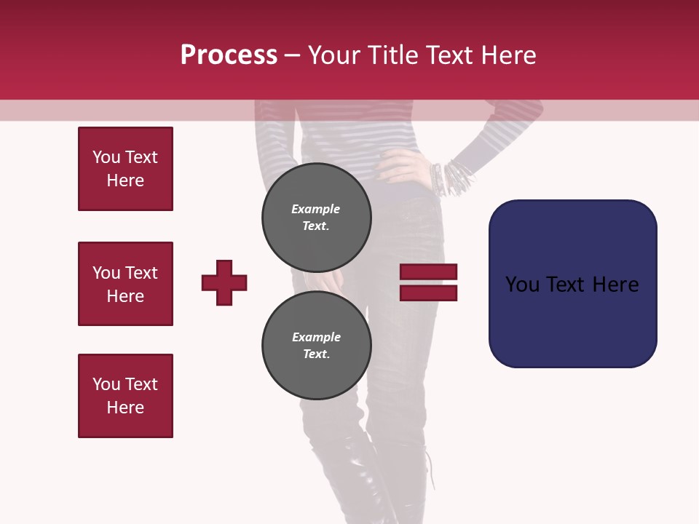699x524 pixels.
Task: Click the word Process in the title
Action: tap(229, 55)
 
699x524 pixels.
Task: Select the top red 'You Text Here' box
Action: tap(125, 169)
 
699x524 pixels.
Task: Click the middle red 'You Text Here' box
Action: tap(125, 284)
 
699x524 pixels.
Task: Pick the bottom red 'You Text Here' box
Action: tap(125, 396)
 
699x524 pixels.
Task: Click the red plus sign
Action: tap(224, 282)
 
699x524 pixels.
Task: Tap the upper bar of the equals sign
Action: tap(428, 271)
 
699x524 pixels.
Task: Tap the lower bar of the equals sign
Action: tap(428, 293)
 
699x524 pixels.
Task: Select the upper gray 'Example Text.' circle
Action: tap(316, 217)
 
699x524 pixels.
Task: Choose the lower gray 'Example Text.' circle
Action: tap(316, 345)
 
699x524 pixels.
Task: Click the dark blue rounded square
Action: tap(572, 284)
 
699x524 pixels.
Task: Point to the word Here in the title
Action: tap(508, 55)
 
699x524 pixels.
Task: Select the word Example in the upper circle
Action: tap(316, 209)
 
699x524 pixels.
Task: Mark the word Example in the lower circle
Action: tap(316, 337)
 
